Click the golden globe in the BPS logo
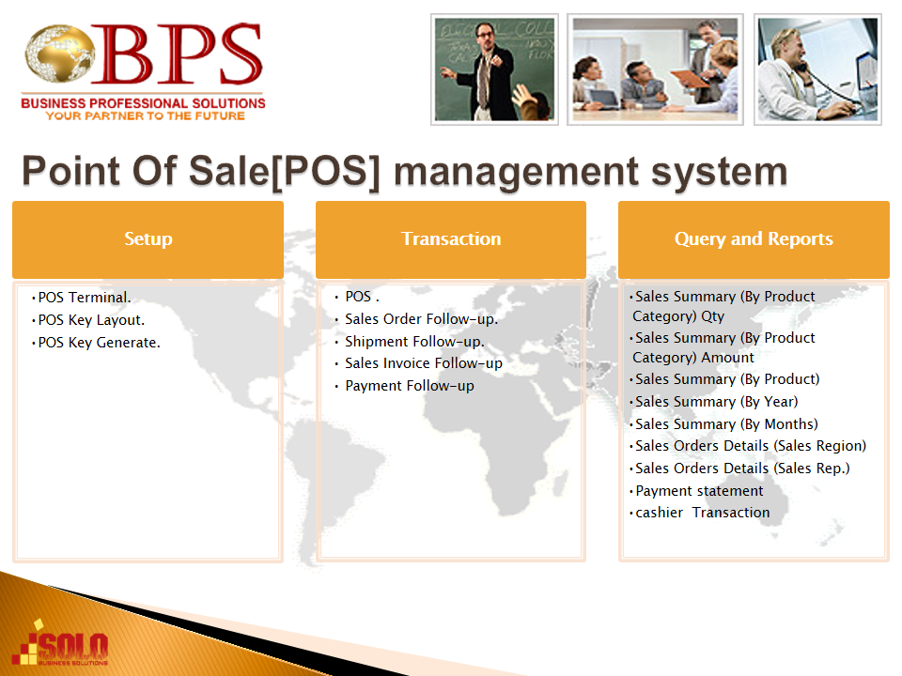[59, 53]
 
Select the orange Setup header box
[148, 239]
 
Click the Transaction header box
[451, 239]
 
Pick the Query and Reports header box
[754, 239]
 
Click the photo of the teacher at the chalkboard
[495, 69]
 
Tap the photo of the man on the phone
[817, 69]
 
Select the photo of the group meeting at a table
[655, 69]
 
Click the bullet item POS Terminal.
[85, 298]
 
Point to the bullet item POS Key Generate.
[99, 343]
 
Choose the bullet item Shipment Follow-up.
[414, 342]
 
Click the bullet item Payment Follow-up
[410, 386]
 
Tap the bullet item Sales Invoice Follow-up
[424, 363]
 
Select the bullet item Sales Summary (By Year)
[716, 402]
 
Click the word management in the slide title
[515, 172]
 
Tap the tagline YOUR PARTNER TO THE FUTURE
[145, 115]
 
